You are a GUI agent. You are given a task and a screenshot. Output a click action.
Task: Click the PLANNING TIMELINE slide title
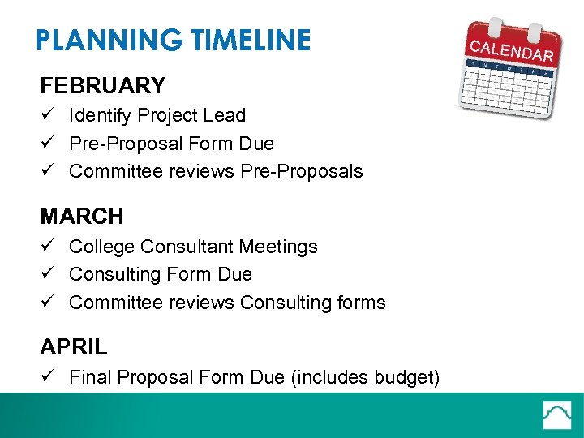(x=173, y=41)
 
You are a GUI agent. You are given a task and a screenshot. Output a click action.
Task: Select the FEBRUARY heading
(x=103, y=85)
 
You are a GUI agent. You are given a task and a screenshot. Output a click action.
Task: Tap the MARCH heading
(x=82, y=217)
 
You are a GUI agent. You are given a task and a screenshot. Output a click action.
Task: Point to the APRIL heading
(x=74, y=347)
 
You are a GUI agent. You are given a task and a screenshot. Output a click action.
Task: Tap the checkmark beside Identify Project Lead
(x=48, y=115)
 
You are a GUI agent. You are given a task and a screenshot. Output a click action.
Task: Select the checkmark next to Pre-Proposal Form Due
(x=48, y=144)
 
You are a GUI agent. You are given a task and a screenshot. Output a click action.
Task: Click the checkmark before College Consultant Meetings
(x=48, y=246)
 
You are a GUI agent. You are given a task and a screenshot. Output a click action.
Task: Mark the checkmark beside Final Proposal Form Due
(x=48, y=377)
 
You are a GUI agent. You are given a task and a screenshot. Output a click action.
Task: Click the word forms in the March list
(x=362, y=303)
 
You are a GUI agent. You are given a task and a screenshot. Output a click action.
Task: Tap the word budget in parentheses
(x=406, y=378)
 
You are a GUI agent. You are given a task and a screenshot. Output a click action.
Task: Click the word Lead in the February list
(x=227, y=116)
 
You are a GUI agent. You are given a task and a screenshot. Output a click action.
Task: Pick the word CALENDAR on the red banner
(x=513, y=48)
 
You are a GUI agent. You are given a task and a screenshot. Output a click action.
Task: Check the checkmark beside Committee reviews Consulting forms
(x=48, y=303)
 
